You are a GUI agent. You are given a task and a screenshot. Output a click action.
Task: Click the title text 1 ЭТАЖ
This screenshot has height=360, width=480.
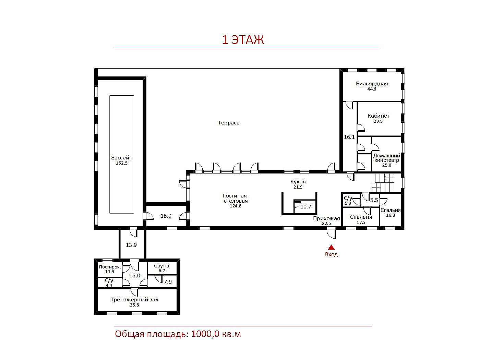[243, 40]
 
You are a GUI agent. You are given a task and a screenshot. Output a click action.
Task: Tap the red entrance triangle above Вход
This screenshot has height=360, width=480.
[331, 247]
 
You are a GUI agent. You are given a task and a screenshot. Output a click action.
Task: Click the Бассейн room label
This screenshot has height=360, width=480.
[122, 158]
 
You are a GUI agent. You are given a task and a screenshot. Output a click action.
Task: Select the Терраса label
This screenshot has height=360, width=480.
[229, 123]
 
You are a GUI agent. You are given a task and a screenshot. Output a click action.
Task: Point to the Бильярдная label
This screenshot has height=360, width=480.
[372, 84]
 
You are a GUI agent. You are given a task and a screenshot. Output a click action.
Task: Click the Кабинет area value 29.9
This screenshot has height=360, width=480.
[378, 121]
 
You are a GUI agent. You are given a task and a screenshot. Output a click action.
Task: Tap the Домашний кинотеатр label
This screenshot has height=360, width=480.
[387, 158]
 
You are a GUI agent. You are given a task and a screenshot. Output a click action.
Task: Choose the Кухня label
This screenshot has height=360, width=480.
[298, 182]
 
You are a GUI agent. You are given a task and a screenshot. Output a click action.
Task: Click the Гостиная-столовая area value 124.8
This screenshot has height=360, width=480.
[236, 206]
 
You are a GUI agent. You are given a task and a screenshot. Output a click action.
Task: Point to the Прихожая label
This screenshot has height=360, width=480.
[326, 218]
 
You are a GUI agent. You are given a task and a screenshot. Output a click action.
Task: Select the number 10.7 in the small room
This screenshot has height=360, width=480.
[306, 206]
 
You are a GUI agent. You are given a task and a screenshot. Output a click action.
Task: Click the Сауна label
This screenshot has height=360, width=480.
[161, 266]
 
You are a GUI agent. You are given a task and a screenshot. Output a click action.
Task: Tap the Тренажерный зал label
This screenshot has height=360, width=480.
[134, 300]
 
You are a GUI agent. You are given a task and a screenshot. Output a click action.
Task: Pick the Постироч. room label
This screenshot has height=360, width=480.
[110, 267]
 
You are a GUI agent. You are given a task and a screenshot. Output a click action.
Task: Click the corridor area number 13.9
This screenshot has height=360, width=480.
[131, 245]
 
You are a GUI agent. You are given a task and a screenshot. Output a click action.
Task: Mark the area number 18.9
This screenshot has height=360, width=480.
[166, 216]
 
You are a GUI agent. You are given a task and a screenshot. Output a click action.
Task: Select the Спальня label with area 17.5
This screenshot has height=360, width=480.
[361, 217]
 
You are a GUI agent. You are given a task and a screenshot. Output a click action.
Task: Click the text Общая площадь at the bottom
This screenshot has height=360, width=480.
[151, 334]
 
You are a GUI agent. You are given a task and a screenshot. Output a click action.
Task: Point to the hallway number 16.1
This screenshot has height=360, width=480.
[349, 137]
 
